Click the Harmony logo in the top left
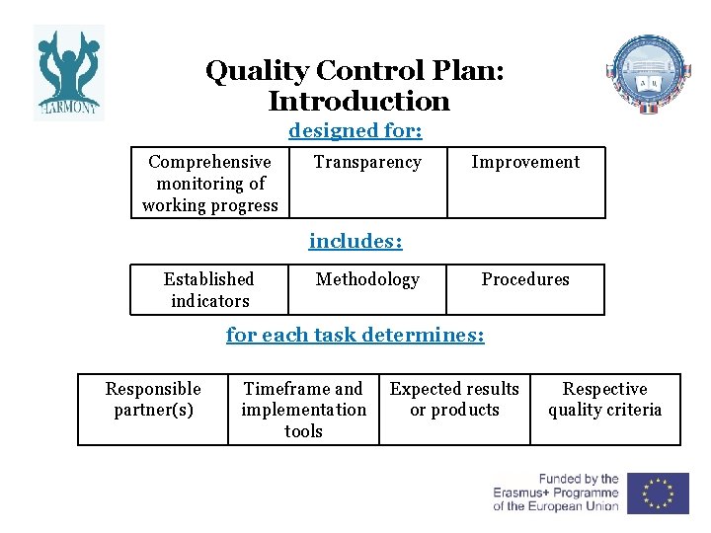tap(68, 72)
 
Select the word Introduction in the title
tap(357, 102)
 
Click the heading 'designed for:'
tap(355, 130)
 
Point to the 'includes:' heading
tap(355, 241)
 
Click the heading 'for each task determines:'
tap(355, 335)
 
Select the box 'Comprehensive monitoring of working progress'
tap(210, 184)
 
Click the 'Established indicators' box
tap(209, 290)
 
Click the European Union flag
tap(658, 493)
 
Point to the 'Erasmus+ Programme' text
tap(556, 493)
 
